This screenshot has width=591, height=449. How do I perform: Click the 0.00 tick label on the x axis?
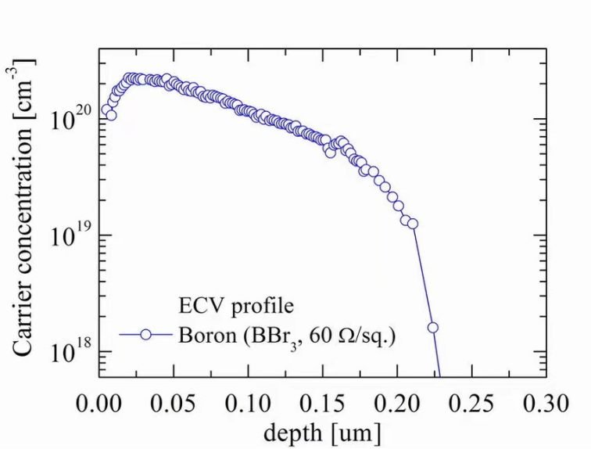click(x=98, y=404)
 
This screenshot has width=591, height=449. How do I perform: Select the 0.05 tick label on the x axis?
click(x=173, y=404)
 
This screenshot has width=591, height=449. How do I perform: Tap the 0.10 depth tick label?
click(x=247, y=404)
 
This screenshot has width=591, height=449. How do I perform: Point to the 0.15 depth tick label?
click(x=322, y=404)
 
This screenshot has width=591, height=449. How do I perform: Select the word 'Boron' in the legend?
click(x=206, y=336)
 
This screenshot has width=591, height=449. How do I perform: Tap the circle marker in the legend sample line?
click(x=145, y=335)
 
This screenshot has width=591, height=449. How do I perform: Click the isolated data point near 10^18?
click(x=432, y=328)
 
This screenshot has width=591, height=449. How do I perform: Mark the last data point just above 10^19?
click(x=413, y=224)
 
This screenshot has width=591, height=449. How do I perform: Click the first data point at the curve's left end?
click(x=105, y=110)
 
